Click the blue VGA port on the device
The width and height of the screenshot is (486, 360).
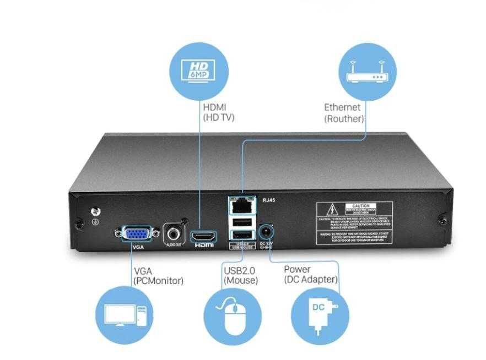[134, 233]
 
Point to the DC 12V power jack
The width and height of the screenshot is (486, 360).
[266, 230]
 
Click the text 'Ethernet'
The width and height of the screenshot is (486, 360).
[342, 107]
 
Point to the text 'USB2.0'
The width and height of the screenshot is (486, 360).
[240, 270]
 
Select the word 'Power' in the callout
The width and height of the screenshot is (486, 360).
[297, 269]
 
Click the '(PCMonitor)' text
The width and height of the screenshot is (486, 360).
[159, 281]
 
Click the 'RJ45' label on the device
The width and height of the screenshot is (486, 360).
[268, 200]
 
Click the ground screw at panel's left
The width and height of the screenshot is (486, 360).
[94, 211]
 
